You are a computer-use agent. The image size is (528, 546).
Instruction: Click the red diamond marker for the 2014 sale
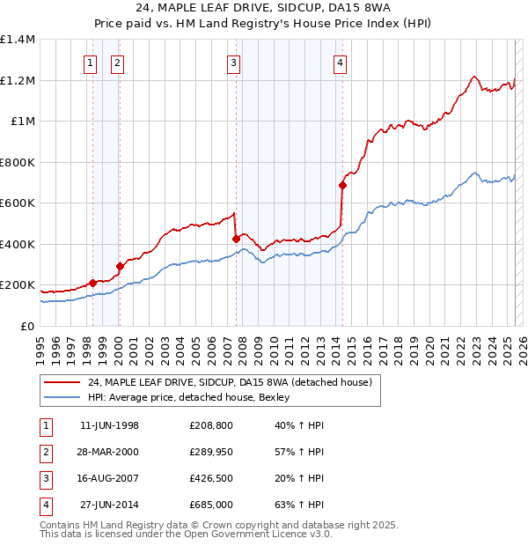[x=342, y=185]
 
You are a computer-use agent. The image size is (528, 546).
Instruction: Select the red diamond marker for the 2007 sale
[x=236, y=239]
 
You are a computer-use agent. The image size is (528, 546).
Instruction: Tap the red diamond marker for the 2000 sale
[x=120, y=266]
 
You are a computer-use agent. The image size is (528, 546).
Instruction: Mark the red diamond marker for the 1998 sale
[x=92, y=283]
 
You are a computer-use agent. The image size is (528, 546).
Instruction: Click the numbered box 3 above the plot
[x=233, y=63]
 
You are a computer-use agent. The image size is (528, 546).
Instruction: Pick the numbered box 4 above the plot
[x=340, y=63]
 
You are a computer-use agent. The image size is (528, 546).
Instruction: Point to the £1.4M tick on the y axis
[x=18, y=40]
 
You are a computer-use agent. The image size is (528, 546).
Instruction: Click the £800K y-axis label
[x=18, y=162]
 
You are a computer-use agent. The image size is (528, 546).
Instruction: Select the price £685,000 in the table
[x=210, y=505]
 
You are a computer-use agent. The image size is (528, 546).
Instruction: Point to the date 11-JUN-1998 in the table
[x=109, y=425]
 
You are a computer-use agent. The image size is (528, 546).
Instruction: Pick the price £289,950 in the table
[x=210, y=452]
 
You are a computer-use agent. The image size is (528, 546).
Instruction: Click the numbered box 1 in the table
[x=44, y=425]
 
